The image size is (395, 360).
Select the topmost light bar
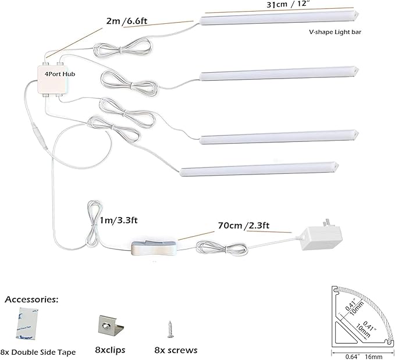[x=273, y=19]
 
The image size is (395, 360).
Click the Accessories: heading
[x=31, y=300]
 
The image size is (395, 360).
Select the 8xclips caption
[x=110, y=350]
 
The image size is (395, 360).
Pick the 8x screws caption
[x=176, y=350]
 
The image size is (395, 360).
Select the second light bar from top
[x=273, y=74]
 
